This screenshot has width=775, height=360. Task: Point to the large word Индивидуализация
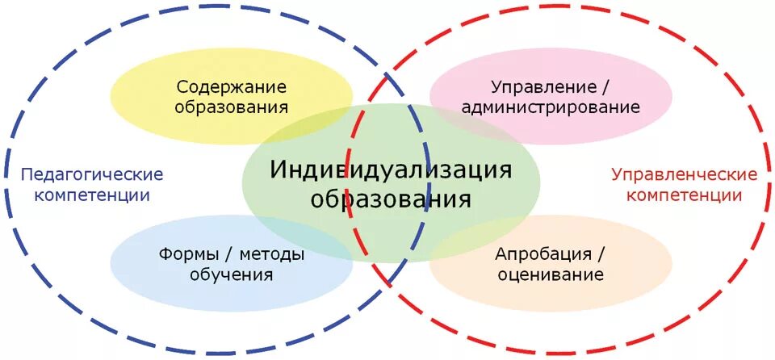point(391,170)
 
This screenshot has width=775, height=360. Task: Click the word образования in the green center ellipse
point(391,199)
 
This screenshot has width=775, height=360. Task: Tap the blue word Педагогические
point(91,174)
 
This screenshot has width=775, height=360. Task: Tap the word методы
point(271,255)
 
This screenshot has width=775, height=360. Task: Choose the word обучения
point(232,275)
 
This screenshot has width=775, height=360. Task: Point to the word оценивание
point(550,275)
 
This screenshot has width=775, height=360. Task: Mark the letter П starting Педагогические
point(27,174)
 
